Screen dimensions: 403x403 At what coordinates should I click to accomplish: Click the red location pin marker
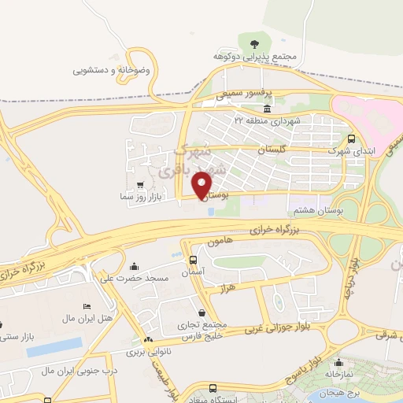(x=202, y=184)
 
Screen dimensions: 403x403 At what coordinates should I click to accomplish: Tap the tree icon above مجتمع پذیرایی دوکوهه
(x=253, y=44)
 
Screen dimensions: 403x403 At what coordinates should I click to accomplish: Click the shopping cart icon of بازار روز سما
(x=140, y=183)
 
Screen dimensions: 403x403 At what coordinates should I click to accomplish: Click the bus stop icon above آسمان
(x=194, y=260)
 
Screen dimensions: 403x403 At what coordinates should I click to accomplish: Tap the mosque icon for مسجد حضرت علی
(x=135, y=265)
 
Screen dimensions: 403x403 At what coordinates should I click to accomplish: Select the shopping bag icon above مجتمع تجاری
(x=203, y=312)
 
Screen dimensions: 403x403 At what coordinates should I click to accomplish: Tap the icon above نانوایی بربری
(x=149, y=340)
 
